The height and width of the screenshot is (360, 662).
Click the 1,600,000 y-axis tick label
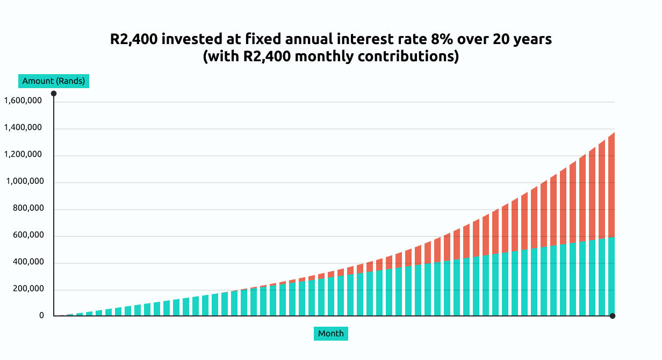pyautogui.click(x=23, y=101)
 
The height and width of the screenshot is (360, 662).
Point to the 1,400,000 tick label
pyautogui.click(x=23, y=128)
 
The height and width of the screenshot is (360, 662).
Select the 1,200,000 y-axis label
pyautogui.click(x=23, y=155)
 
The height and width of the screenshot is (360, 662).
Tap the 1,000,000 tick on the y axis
pyautogui.click(x=25, y=181)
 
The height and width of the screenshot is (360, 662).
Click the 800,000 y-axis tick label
pyautogui.click(x=28, y=208)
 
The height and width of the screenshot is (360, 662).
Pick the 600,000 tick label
pyautogui.click(x=28, y=235)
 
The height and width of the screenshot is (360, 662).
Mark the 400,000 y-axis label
pyautogui.click(x=28, y=262)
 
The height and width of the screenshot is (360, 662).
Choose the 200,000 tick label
pyautogui.click(x=28, y=289)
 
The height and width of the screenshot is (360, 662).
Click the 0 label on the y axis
pyautogui.click(x=42, y=315)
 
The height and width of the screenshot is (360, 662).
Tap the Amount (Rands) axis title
pyautogui.click(x=54, y=81)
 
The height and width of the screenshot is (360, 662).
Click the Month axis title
pyautogui.click(x=330, y=334)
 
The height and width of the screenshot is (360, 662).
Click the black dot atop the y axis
pyautogui.click(x=54, y=93)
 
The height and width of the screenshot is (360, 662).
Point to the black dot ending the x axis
pyautogui.click(x=613, y=316)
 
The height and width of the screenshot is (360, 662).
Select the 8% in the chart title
pyautogui.click(x=442, y=39)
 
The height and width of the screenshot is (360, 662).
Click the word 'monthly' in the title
pyautogui.click(x=324, y=56)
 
